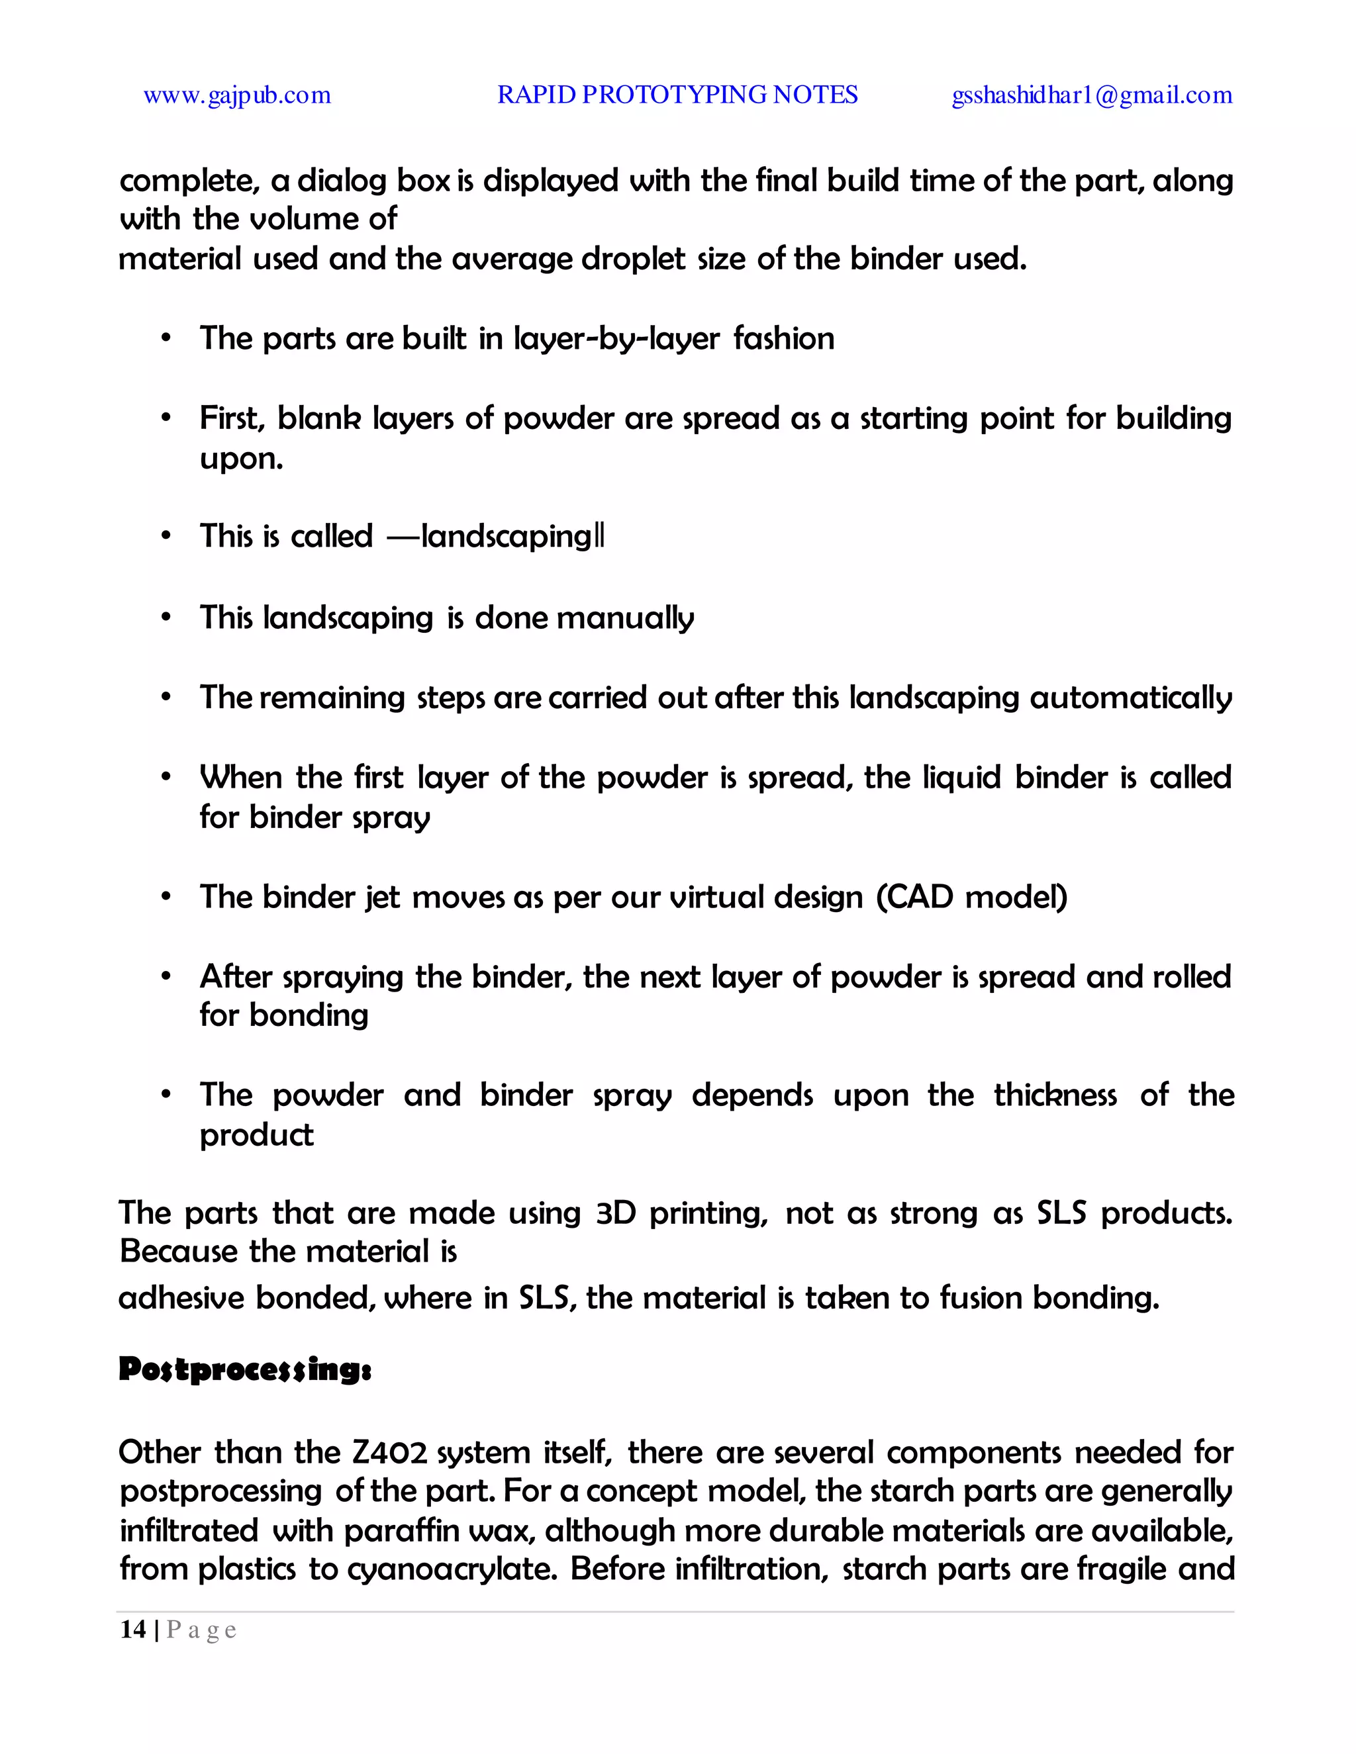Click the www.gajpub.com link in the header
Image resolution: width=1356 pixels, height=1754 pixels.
[237, 95]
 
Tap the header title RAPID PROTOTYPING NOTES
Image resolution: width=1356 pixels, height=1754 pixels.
[677, 95]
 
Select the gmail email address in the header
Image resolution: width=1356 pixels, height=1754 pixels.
[1092, 95]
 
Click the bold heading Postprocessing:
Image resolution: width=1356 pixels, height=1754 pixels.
[245, 1369]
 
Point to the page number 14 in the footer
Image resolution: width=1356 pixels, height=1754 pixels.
[133, 1630]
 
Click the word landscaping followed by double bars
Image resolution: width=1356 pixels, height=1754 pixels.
[512, 537]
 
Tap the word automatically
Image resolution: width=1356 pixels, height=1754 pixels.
[1130, 697]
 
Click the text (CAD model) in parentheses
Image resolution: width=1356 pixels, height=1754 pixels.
[971, 897]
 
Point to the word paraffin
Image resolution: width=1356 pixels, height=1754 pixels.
[403, 1531]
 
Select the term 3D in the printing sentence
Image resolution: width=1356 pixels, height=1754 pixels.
[615, 1213]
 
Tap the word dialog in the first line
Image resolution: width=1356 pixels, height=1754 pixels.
[342, 181]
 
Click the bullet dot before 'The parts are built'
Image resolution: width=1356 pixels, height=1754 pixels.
[166, 339]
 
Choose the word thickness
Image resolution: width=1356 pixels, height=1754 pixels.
[1055, 1095]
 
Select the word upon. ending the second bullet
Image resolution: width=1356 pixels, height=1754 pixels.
[241, 459]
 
